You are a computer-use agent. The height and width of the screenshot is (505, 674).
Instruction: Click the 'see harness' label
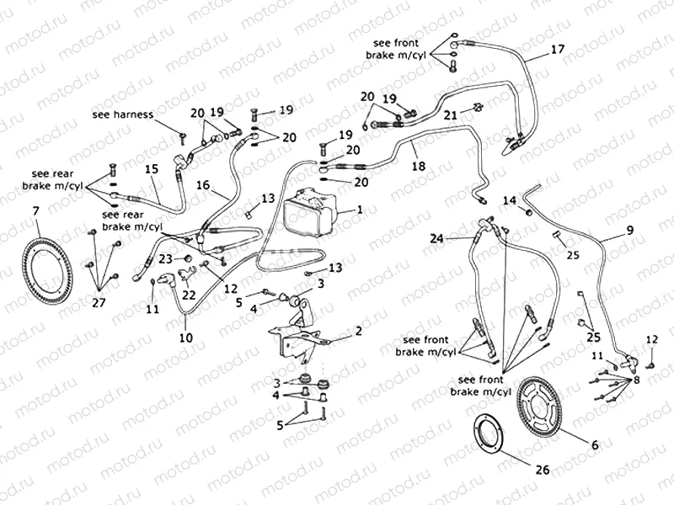tap(123, 114)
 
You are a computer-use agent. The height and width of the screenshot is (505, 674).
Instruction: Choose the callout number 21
tap(451, 114)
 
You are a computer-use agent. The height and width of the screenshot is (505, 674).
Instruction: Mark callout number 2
tap(358, 331)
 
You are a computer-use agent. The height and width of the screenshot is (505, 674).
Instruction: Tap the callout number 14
tap(509, 199)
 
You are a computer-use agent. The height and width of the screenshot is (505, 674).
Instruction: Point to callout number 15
tap(151, 168)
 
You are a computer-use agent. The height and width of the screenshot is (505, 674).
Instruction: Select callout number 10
tap(185, 338)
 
